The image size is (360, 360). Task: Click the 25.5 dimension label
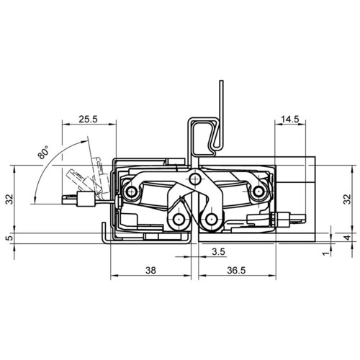click(89, 119)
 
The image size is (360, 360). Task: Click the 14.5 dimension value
click(290, 119)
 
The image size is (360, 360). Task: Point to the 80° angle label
click(43, 153)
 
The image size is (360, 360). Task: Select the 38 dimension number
click(150, 271)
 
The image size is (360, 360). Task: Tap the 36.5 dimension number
click(236, 271)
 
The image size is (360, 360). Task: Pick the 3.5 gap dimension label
click(219, 252)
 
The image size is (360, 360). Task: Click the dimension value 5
click(10, 238)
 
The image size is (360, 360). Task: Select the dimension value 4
click(347, 238)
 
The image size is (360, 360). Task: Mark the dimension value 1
click(325, 253)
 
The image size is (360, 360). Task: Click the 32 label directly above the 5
click(10, 199)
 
